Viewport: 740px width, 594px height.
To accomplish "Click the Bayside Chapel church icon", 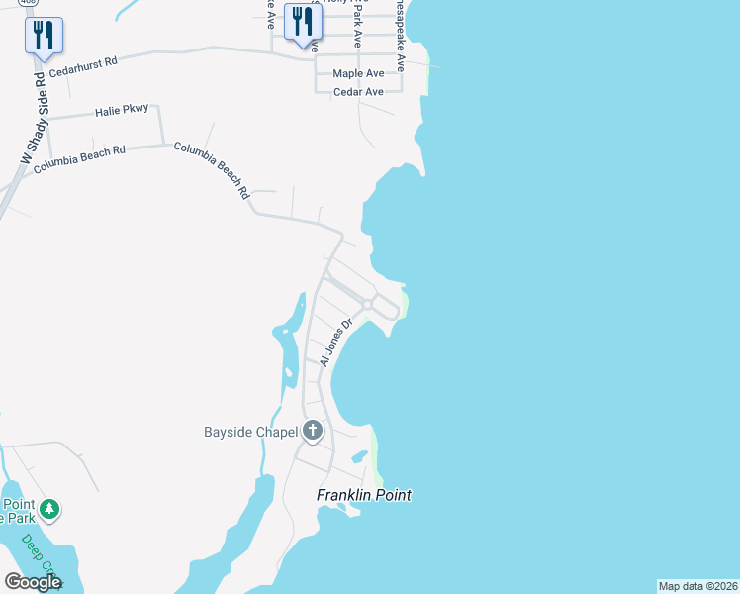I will (313, 431).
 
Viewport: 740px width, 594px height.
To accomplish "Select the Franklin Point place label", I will (363, 495).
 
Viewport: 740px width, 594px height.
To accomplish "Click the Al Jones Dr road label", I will (336, 343).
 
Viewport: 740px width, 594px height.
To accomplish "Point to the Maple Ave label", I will (358, 74).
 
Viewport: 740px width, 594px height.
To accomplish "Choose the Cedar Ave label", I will (358, 92).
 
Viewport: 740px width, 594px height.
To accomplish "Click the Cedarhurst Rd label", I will (83, 65).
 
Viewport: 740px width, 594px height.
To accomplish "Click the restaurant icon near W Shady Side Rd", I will (44, 35).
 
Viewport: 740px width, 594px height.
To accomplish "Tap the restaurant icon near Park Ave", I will (303, 22).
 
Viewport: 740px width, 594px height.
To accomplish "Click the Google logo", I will (33, 582).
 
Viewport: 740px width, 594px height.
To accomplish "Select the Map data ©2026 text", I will (697, 586).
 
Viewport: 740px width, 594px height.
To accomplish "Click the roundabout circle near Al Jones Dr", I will (367, 305).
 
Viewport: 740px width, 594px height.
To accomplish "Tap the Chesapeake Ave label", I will (399, 35).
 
